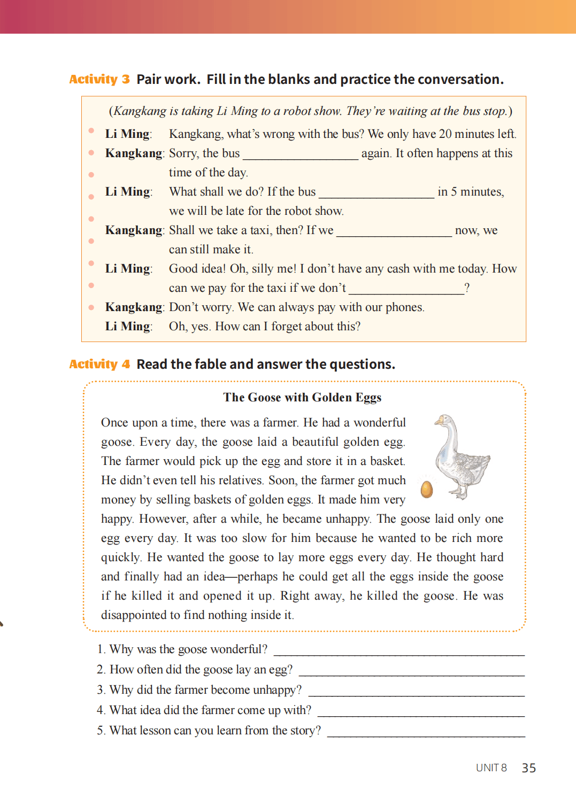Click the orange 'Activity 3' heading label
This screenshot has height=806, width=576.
[x=99, y=80]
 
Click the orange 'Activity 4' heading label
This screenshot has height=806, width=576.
[x=99, y=365]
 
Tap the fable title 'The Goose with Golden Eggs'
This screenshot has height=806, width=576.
[x=302, y=398]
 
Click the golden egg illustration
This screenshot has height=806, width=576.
[x=427, y=489]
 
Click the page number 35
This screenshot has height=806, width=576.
[x=528, y=768]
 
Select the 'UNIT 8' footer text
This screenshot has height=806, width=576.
[x=491, y=768]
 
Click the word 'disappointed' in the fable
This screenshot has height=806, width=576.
[x=134, y=615]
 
